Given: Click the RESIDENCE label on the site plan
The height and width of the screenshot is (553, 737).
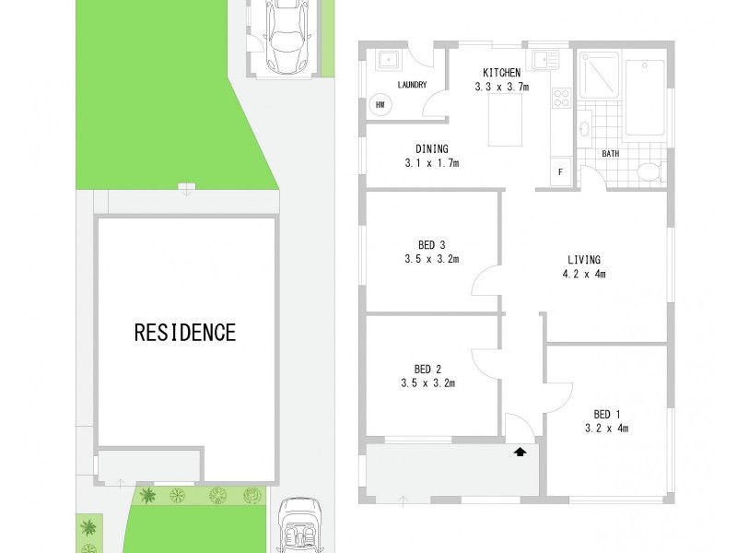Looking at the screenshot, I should tap(185, 332).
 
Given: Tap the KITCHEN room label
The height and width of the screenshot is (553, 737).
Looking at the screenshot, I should tap(502, 73).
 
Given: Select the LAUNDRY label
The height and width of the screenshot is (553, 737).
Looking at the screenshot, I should tap(411, 85).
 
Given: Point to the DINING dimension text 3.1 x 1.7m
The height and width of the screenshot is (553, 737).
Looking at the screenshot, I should tap(431, 163).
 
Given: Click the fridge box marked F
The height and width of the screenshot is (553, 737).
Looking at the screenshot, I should tap(560, 171).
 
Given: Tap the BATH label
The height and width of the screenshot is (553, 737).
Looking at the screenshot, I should tap(610, 153).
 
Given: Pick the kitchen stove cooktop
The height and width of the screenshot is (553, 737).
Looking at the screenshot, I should tap(561, 98).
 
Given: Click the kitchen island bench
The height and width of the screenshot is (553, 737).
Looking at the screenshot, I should tap(502, 120).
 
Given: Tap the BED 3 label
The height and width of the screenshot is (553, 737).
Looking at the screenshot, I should tap(431, 244).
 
